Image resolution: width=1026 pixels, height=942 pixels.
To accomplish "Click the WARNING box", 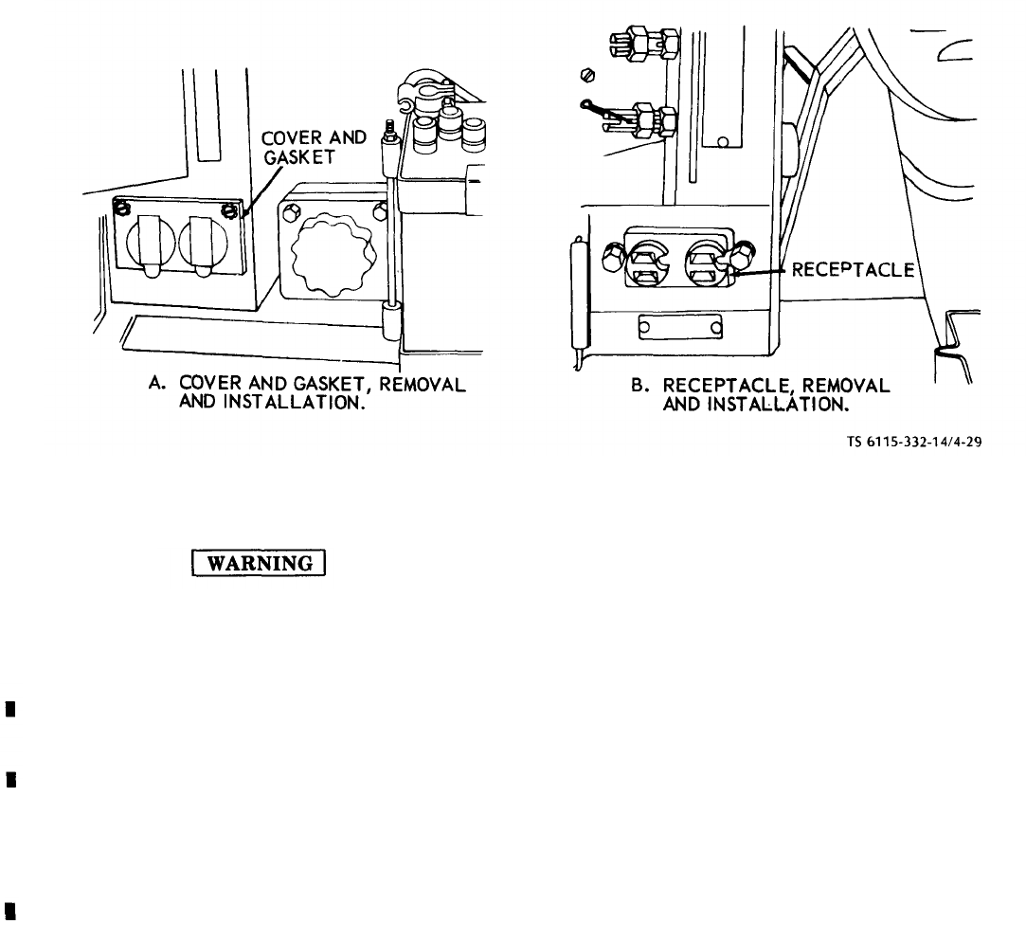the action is click(259, 563).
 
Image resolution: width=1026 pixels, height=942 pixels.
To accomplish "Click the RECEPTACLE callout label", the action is click(853, 270).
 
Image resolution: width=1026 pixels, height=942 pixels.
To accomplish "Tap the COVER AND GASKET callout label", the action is click(315, 147).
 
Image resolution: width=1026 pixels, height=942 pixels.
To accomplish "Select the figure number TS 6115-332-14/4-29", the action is click(914, 442).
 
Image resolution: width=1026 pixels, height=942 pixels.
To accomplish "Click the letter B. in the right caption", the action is click(639, 385).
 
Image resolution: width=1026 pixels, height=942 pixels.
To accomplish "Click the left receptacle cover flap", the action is click(153, 246).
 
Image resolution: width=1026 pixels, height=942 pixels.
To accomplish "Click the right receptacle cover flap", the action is click(203, 246).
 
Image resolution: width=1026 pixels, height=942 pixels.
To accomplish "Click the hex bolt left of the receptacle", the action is click(613, 257).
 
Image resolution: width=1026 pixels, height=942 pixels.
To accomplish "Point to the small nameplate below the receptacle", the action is click(680, 327).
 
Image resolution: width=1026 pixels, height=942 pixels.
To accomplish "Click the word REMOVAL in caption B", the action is click(846, 386).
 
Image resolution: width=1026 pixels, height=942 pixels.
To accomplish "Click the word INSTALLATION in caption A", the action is click(293, 402).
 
